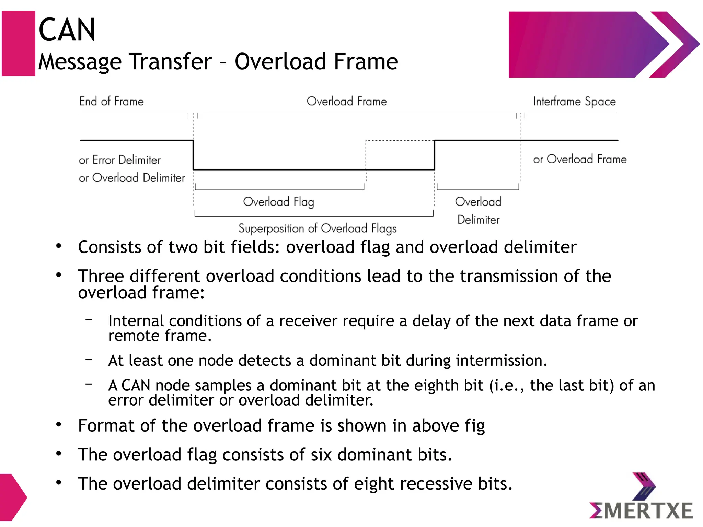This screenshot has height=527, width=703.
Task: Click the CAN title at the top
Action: coord(67,30)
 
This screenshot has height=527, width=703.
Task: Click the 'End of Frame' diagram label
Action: coord(111,102)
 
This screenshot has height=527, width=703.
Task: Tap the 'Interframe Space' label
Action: coord(574,102)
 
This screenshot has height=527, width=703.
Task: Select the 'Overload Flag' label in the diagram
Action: coord(278,202)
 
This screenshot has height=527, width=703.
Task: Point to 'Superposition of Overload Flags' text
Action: coord(317,229)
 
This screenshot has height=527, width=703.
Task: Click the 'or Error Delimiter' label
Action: coord(119,160)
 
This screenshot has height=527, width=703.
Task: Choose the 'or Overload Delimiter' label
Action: coord(132,178)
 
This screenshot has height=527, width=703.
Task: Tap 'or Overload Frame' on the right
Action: coord(580,160)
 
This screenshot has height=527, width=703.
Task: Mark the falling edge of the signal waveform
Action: coord(193,155)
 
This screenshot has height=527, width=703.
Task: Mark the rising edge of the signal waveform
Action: coord(435,155)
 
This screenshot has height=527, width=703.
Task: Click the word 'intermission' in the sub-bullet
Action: coord(499,361)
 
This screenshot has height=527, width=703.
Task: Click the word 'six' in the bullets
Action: coord(321,455)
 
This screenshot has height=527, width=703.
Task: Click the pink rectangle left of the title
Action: coord(19,44)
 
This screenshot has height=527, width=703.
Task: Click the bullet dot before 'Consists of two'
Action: coord(59,246)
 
